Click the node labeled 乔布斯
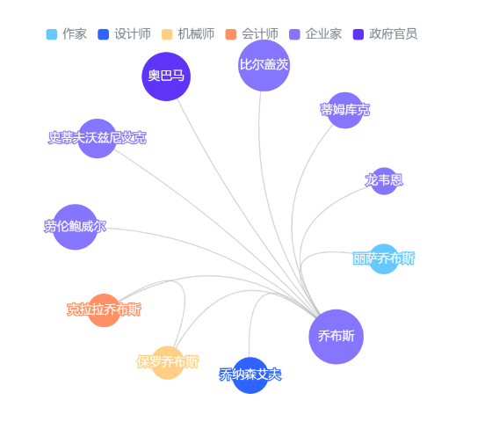336,337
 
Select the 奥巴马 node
166,76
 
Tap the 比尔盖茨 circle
264,65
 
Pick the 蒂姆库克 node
344,110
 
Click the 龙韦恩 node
384,181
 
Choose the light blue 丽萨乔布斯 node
383,258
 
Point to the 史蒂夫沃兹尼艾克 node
97,138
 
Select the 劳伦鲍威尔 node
75,227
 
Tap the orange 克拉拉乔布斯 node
104,309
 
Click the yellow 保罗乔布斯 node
168,362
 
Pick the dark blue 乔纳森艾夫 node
250,375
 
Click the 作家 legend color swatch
52,34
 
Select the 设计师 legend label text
133,34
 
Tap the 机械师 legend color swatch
167,34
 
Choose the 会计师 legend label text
260,34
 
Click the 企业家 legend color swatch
294,34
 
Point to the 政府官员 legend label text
394,34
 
